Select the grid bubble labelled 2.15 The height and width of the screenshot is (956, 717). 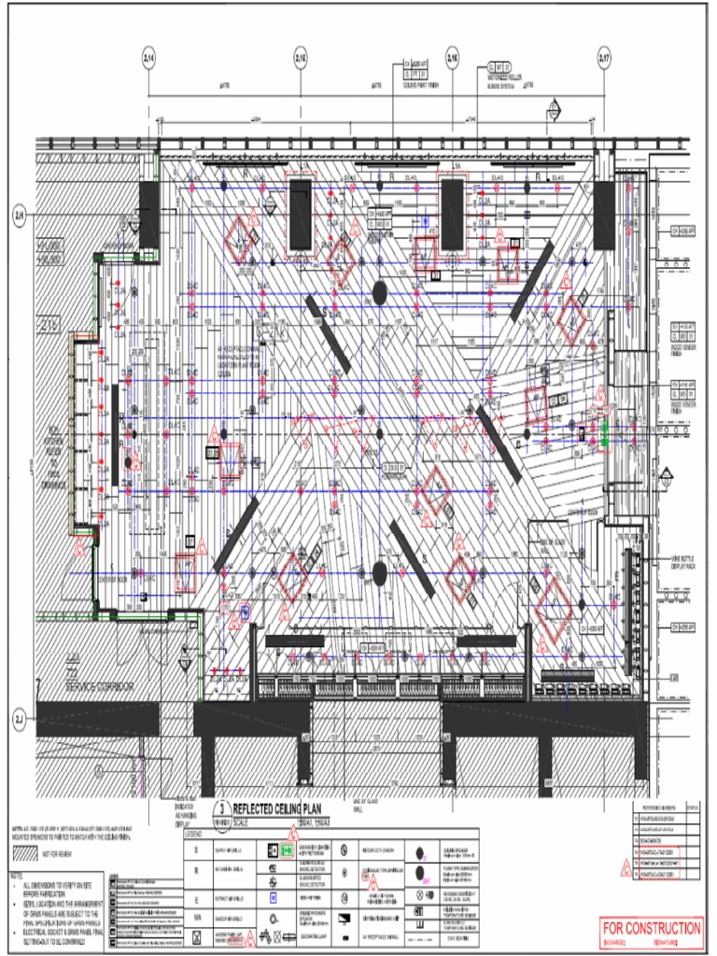[x=301, y=58]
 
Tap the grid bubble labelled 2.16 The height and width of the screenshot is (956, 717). [x=452, y=58]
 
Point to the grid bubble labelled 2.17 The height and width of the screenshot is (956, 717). [x=604, y=58]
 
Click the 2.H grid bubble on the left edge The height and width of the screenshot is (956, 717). [x=19, y=215]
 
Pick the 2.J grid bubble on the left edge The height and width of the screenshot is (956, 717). [x=19, y=720]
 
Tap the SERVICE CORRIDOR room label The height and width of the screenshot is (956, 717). [x=99, y=687]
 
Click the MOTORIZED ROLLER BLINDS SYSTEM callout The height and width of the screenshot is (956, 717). [x=504, y=77]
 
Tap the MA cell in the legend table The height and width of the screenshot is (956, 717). [x=196, y=919]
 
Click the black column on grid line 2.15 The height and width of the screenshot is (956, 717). [x=300, y=215]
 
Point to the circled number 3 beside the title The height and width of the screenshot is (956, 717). [x=222, y=809]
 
